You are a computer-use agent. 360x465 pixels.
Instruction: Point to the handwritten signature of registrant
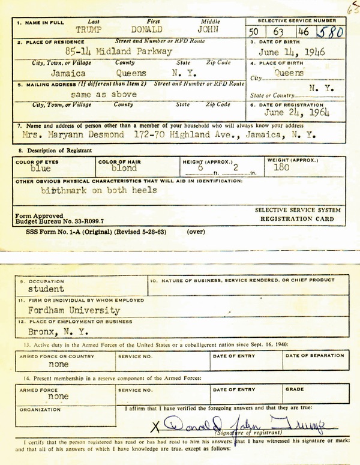tap(246, 427)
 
